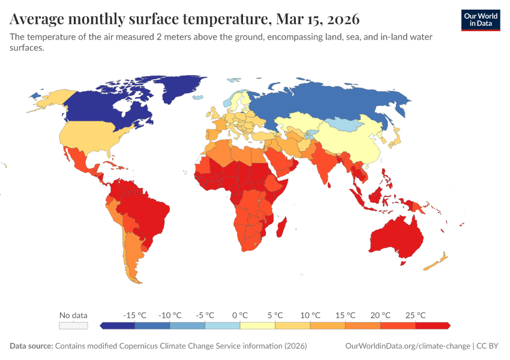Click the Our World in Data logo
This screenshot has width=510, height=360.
coord(480,20)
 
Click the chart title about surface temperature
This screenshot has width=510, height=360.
coord(185,20)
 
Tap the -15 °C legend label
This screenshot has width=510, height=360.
coord(134,315)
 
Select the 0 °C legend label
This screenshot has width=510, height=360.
coord(240,315)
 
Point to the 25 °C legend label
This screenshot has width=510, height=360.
coord(415,315)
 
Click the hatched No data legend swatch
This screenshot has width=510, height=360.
coord(73,326)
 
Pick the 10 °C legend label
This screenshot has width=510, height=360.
coord(310,315)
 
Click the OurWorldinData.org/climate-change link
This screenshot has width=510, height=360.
coord(408,346)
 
